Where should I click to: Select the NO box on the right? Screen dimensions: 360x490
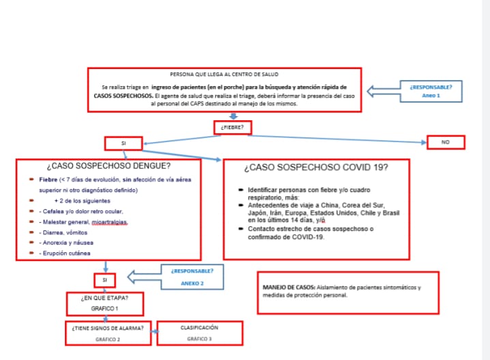pos(446,142)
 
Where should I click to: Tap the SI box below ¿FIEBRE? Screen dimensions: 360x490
pos(124,143)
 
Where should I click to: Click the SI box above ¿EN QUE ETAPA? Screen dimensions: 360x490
pos(104,280)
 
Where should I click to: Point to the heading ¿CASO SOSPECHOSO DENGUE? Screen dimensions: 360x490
pos(109,166)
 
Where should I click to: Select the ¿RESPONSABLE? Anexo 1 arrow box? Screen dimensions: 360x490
pos(427,91)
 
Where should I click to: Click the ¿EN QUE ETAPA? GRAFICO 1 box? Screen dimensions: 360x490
pos(104,303)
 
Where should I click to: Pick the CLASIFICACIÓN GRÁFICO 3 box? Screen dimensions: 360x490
pos(199,333)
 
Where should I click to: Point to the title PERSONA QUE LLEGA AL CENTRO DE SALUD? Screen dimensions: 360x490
pos(223,74)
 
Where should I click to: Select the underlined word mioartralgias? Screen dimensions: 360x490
pos(110,222)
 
